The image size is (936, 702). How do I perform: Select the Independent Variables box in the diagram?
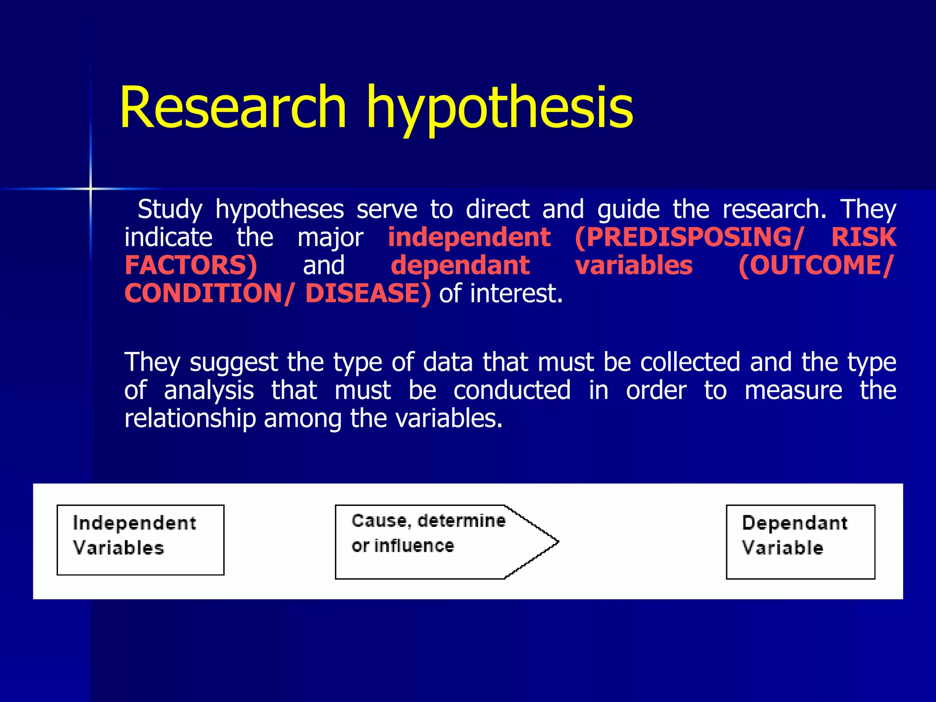coord(140,540)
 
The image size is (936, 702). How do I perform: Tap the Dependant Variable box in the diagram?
coord(800,542)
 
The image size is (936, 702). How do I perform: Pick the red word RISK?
coord(863,238)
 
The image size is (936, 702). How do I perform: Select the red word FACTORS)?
coord(191,266)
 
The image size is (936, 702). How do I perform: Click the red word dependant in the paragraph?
coord(460,266)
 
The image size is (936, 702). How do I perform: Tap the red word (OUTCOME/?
coord(815,266)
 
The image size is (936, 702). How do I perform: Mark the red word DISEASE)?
coord(368,293)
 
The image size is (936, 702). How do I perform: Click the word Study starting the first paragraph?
coord(170,210)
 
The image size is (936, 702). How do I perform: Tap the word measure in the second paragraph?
coord(793,391)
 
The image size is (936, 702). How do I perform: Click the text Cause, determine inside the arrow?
coord(429,521)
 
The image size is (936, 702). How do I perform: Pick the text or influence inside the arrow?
coord(403,546)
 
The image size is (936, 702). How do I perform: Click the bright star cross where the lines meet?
coord(90,188)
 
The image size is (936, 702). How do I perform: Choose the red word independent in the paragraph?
coord(469,238)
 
